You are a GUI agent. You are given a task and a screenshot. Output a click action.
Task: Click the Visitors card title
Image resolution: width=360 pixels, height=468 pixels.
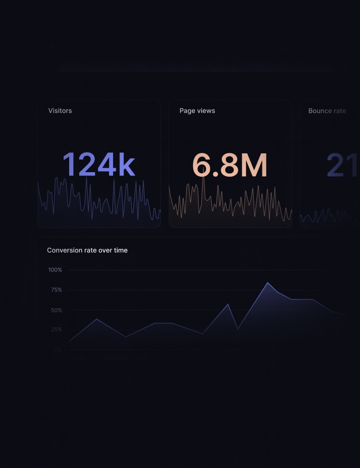click(x=60, y=111)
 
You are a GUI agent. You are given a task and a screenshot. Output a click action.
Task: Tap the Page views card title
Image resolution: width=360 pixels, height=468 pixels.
click(x=197, y=111)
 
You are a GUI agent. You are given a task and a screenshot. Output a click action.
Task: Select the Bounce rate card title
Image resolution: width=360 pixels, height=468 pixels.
click(x=327, y=111)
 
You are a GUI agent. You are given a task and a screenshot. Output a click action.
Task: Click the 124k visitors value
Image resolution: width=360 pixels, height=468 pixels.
click(x=98, y=165)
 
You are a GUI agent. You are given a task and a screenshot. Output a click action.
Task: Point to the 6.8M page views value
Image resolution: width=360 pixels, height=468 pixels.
click(x=229, y=165)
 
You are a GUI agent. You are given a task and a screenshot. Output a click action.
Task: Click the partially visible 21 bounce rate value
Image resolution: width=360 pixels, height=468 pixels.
click(x=343, y=165)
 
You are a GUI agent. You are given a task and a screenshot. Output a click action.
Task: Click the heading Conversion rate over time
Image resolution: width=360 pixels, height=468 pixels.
click(x=87, y=250)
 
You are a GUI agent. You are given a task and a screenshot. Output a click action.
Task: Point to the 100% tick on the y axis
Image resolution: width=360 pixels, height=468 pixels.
click(x=55, y=270)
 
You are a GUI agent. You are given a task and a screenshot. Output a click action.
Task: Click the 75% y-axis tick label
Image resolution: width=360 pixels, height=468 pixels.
click(x=56, y=290)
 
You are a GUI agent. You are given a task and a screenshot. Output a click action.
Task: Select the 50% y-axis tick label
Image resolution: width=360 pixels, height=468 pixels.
click(x=56, y=310)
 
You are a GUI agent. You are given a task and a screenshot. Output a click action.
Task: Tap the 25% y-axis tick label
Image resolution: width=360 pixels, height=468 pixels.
click(x=56, y=330)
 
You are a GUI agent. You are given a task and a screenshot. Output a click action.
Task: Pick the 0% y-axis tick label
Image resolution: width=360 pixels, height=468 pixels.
click(x=58, y=350)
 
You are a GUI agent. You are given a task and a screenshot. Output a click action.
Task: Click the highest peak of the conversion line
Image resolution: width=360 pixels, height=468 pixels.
click(x=268, y=283)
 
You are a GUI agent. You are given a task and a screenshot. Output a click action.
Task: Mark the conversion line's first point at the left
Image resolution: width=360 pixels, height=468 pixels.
click(x=69, y=341)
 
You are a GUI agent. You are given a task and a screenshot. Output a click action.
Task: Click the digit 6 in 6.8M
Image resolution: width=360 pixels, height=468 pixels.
click(x=202, y=165)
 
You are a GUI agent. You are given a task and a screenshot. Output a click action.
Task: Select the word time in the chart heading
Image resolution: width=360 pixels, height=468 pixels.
click(x=120, y=250)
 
